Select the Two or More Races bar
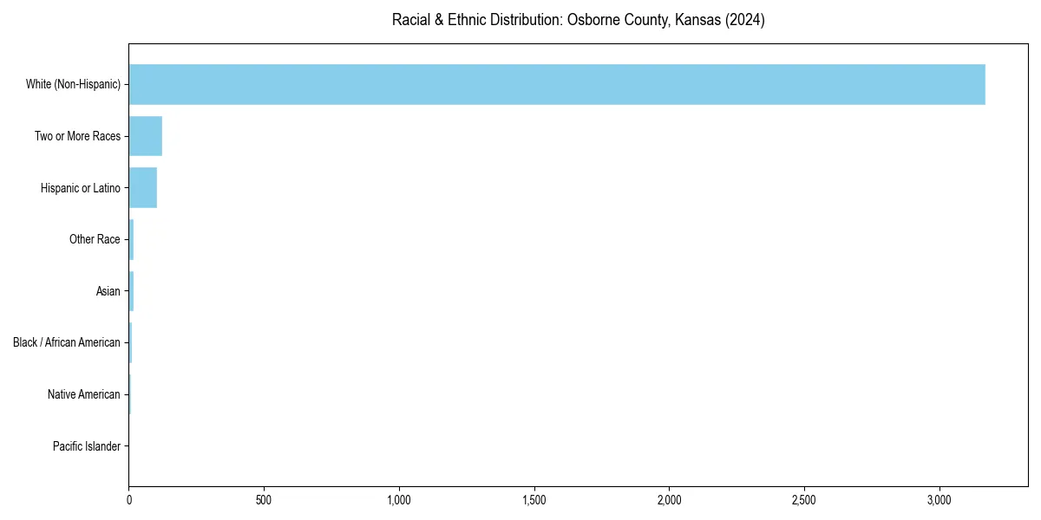pyautogui.click(x=145, y=136)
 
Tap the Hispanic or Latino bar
pyautogui.click(x=142, y=188)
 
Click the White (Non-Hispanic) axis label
pyautogui.click(x=73, y=84)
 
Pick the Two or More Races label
pyautogui.click(x=77, y=136)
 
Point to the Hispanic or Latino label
pyautogui.click(x=80, y=188)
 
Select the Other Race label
pyautogui.click(x=95, y=239)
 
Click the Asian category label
pyautogui.click(x=108, y=291)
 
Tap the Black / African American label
pyautogui.click(x=67, y=342)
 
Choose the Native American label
pyautogui.click(x=84, y=394)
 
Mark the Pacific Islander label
pyautogui.click(x=86, y=446)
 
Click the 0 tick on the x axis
pyautogui.click(x=129, y=501)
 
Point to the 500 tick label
pyautogui.click(x=264, y=501)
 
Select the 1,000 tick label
pyautogui.click(x=399, y=501)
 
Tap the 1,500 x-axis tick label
pyautogui.click(x=534, y=501)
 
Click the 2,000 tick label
pyautogui.click(x=669, y=501)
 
